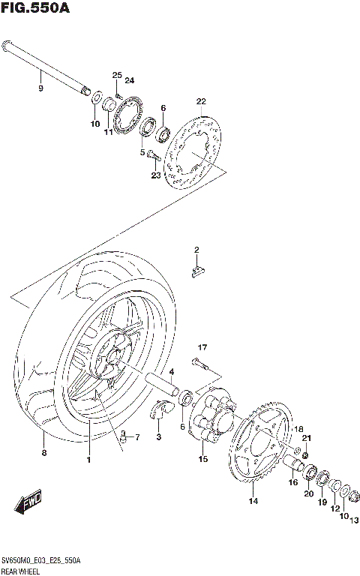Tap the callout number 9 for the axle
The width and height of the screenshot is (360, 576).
[40, 88]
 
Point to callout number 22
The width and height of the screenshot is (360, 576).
[200, 101]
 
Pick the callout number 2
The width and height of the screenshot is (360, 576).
[196, 250]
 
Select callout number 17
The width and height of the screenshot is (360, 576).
[202, 347]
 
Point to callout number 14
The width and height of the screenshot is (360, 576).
[253, 501]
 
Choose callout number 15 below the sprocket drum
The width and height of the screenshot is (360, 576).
[202, 459]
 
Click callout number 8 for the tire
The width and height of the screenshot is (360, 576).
[43, 453]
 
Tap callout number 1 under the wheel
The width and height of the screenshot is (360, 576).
[88, 459]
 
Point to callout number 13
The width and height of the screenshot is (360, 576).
[354, 518]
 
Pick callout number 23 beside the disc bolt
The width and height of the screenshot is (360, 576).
[155, 175]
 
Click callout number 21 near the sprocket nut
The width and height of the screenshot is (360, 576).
[305, 438]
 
